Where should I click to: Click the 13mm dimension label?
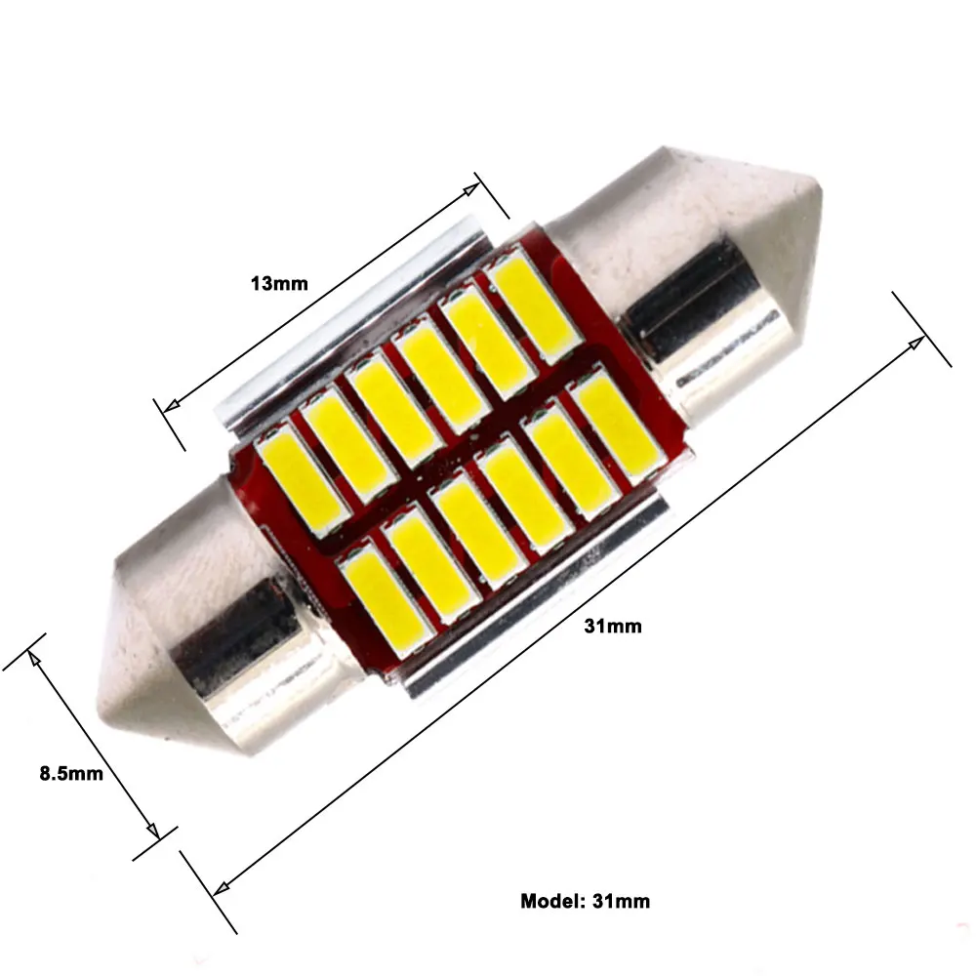[x=279, y=284]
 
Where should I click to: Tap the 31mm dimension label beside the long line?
[x=613, y=627]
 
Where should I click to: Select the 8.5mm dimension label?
[x=71, y=774]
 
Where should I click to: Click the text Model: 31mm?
[x=585, y=901]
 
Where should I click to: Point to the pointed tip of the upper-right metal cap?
[x=822, y=186]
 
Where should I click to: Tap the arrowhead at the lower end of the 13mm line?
[x=170, y=406]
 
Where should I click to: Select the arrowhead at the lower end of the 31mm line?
[x=222, y=888]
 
